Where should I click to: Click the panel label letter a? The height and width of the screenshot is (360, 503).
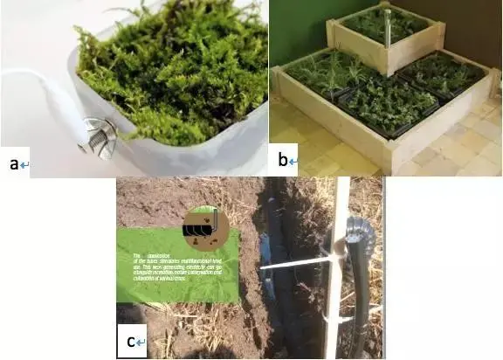tap(13, 163)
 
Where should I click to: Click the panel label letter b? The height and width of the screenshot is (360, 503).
tap(283, 160)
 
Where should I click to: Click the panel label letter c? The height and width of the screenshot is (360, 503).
tap(130, 342)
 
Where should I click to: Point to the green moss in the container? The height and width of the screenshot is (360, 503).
tap(175, 70)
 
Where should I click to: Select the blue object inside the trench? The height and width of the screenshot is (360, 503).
tap(266, 284)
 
